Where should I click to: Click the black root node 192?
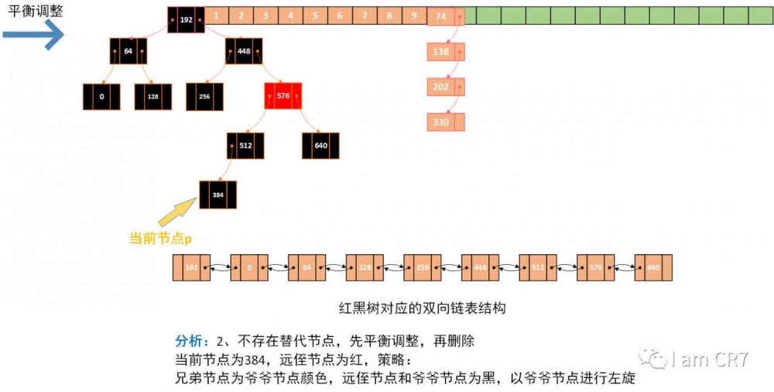(x=186, y=19)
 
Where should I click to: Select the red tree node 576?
(x=283, y=96)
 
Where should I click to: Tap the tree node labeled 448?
(x=244, y=51)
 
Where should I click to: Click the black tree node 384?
(x=217, y=194)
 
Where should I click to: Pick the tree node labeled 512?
(x=245, y=146)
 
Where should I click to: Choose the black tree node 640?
(x=320, y=146)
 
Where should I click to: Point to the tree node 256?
(x=204, y=97)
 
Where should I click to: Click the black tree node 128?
(x=152, y=97)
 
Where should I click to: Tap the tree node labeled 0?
(x=101, y=97)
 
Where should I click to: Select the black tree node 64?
(x=128, y=51)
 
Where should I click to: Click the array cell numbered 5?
(x=315, y=15)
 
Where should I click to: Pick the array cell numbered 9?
(x=414, y=15)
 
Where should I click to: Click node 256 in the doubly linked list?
(x=422, y=267)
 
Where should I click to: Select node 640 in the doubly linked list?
(x=653, y=267)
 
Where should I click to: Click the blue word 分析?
(x=190, y=341)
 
